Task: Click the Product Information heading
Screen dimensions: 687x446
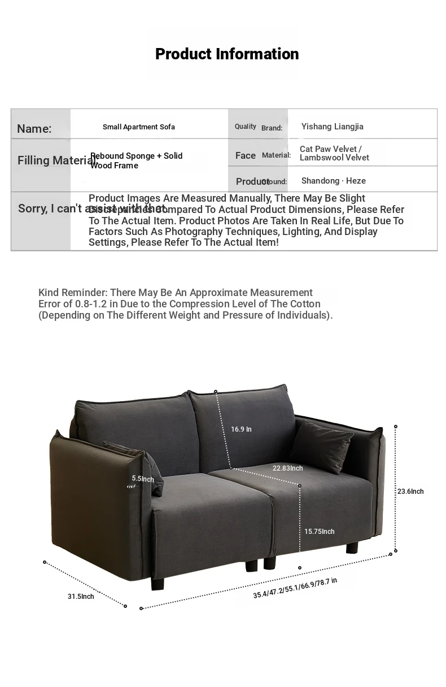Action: click(227, 54)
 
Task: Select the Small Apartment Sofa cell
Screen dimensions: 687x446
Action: click(139, 127)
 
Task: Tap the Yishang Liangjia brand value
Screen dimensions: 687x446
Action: click(332, 127)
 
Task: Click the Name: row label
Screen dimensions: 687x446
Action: click(34, 129)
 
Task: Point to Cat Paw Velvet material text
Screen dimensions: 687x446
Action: click(330, 149)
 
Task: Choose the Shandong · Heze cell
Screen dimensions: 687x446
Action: click(333, 181)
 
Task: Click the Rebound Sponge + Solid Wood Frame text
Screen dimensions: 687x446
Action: click(137, 160)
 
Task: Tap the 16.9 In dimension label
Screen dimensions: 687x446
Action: click(241, 429)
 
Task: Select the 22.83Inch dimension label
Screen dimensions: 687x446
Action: click(287, 468)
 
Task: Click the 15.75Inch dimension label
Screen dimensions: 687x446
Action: click(319, 532)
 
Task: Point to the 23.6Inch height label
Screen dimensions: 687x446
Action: click(410, 492)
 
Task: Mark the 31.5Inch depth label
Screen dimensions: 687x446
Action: click(81, 597)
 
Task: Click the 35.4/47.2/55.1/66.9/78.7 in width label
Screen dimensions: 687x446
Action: click(295, 588)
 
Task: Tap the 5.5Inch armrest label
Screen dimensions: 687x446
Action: click(143, 479)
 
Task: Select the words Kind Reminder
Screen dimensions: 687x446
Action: click(72, 293)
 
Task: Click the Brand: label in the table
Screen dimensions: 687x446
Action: click(272, 128)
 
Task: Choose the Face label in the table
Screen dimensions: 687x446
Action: click(246, 155)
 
